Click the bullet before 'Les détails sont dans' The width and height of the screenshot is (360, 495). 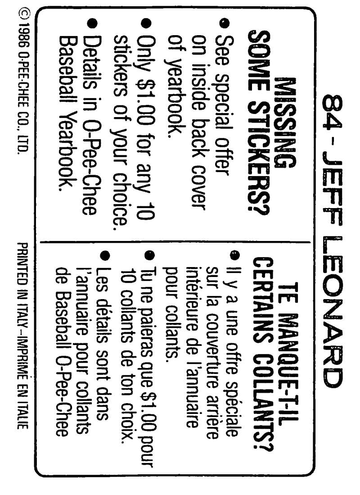105,255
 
